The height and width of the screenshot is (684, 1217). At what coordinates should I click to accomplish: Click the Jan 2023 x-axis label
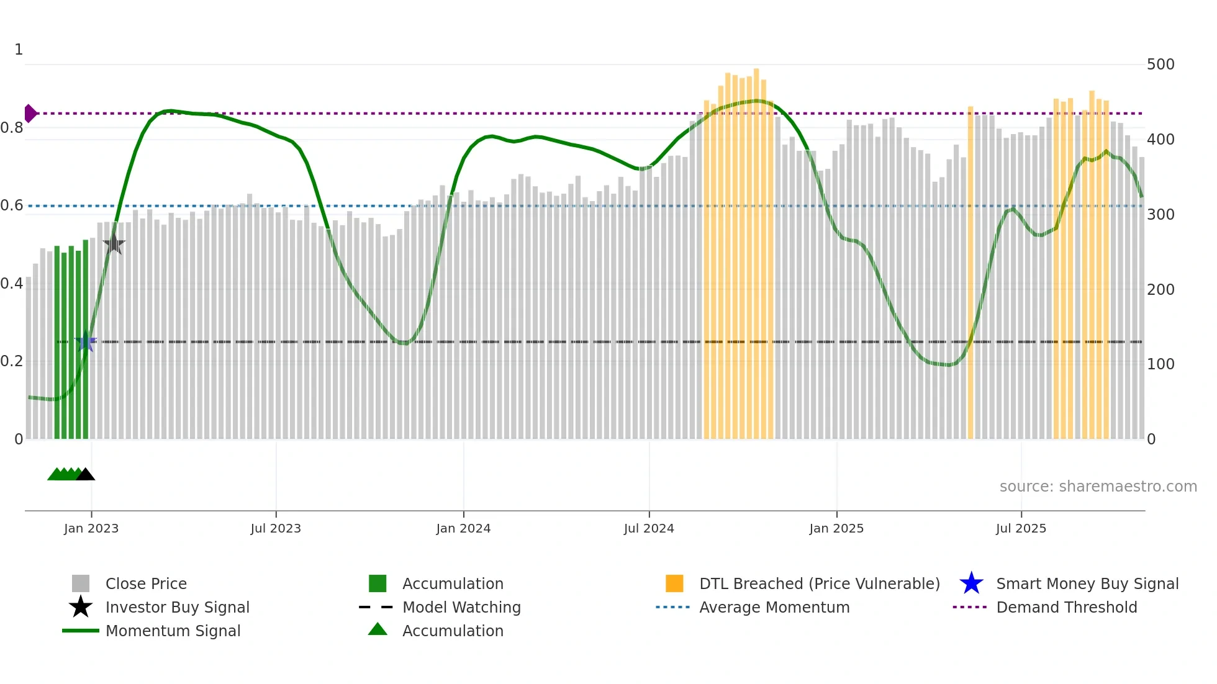[91, 528]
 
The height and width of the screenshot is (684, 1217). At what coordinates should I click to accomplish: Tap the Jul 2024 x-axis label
[649, 528]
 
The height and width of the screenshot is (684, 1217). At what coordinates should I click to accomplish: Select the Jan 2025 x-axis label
[836, 528]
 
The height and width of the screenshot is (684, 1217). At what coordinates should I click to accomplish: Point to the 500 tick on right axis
[1160, 65]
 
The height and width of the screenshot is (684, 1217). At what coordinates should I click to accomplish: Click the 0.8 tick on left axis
[12, 128]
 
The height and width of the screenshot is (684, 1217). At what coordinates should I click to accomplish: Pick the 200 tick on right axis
[1160, 289]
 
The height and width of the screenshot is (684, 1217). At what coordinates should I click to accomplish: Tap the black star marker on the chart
[114, 244]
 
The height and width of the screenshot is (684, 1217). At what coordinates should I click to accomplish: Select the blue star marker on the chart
[86, 341]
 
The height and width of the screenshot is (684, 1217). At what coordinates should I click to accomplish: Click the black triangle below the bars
[85, 475]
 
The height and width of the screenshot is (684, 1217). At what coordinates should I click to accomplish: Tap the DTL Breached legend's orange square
[674, 583]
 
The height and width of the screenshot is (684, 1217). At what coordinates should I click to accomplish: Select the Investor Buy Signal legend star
[81, 607]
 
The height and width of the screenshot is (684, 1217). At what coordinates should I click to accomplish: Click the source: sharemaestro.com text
[1098, 486]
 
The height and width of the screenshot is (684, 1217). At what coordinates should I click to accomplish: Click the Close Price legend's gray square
[81, 583]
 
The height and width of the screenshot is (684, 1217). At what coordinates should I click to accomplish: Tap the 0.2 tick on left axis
[12, 361]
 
